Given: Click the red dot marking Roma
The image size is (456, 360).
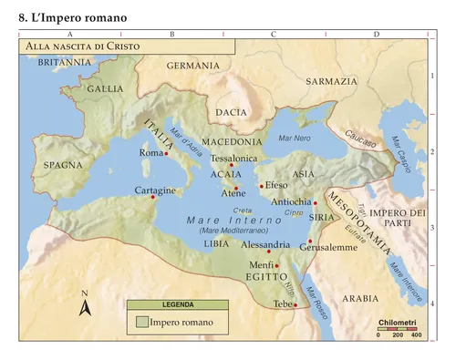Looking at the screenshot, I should tap(167, 154).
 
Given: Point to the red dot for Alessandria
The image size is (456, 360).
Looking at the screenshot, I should tap(269, 251).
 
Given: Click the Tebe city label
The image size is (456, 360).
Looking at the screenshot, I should tap(282, 303).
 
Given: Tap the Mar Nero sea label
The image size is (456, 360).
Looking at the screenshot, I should tap(295, 138).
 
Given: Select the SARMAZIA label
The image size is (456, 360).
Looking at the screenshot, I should tap(331, 81).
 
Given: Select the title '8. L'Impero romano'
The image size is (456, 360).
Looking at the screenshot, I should tap(72, 17).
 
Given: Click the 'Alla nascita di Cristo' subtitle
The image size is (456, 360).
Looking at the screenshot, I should tap(78, 45).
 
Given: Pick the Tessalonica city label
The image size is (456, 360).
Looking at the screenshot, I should tap(234, 158).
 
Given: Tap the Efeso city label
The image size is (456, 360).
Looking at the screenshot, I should tap(275, 185).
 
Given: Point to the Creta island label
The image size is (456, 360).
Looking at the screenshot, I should tap(244, 211).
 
